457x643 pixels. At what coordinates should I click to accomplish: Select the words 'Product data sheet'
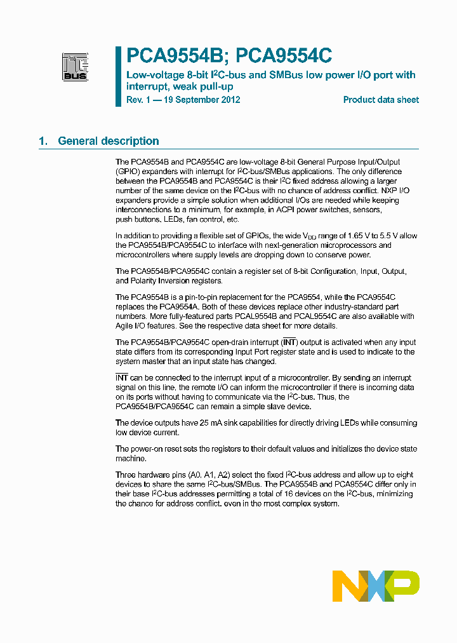click(381, 100)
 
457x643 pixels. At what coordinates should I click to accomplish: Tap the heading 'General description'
click(109, 141)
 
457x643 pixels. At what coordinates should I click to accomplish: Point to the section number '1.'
click(43, 141)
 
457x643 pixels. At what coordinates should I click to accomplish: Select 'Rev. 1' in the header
click(139, 100)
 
